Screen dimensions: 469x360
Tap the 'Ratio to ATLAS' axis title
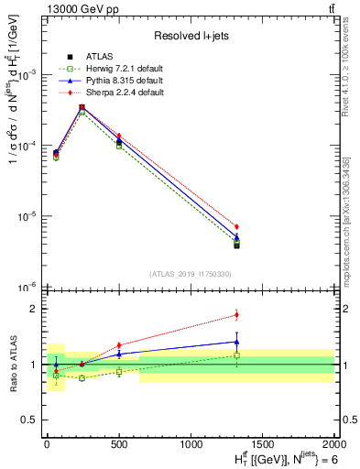(11, 364)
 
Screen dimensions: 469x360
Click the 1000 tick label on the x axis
(191, 442)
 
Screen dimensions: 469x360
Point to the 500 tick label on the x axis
(119, 442)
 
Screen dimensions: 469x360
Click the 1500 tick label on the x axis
(262, 442)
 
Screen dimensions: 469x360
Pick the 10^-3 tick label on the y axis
(27, 75)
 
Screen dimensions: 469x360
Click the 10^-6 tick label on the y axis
(27, 288)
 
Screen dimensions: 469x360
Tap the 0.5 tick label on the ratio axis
(27, 420)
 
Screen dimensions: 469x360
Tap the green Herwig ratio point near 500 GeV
(119, 372)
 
